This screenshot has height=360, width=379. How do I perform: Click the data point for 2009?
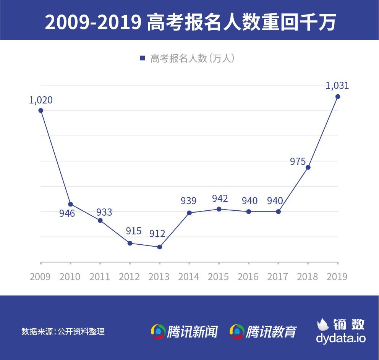pyautogui.click(x=41, y=111)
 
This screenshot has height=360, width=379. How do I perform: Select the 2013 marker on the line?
pyautogui.click(x=160, y=247)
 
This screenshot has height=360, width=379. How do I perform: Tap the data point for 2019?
pyautogui.click(x=338, y=97)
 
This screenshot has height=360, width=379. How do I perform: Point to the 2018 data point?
pyautogui.click(x=308, y=167)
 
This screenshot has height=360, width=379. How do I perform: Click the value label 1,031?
pyautogui.click(x=337, y=86)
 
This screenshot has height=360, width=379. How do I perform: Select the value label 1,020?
pyautogui.click(x=41, y=100)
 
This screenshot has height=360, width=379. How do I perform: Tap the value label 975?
pyautogui.click(x=298, y=161)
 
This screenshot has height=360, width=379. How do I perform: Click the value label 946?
pyautogui.click(x=67, y=213)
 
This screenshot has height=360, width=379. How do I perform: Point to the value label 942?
pyautogui.click(x=220, y=199)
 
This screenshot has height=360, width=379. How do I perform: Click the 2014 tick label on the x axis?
pyautogui.click(x=189, y=277)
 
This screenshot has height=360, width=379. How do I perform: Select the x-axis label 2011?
pyautogui.click(x=100, y=277)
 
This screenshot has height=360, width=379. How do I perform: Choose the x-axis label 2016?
pyautogui.click(x=248, y=277)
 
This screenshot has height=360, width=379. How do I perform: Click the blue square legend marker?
pyautogui.click(x=143, y=58)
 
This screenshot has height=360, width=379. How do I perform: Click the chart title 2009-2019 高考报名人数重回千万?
pyautogui.click(x=190, y=22)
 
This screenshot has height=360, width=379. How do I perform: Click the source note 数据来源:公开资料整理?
pyautogui.click(x=63, y=331)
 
